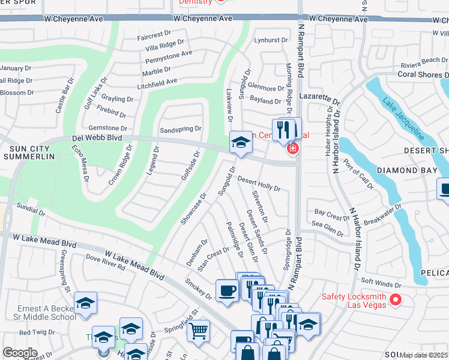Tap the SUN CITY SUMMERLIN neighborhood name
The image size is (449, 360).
[29, 151]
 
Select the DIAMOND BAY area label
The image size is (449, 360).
[405, 170]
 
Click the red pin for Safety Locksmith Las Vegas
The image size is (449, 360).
[395, 299]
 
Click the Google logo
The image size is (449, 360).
[20, 353]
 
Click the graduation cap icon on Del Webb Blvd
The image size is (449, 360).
[241, 142]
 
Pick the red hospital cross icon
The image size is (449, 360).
[292, 148]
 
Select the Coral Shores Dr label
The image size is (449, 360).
[423, 75]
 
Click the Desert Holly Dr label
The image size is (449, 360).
[259, 184]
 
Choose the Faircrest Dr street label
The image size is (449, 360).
[154, 36]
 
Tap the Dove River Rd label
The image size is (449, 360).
[105, 263]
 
